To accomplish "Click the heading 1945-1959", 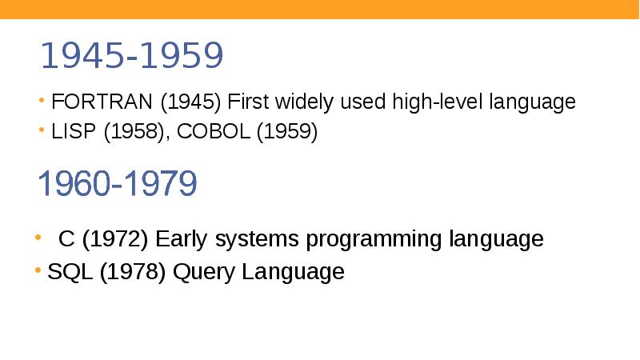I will (131, 56).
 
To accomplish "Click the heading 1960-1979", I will (118, 185).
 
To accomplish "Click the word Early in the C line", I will (182, 240).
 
